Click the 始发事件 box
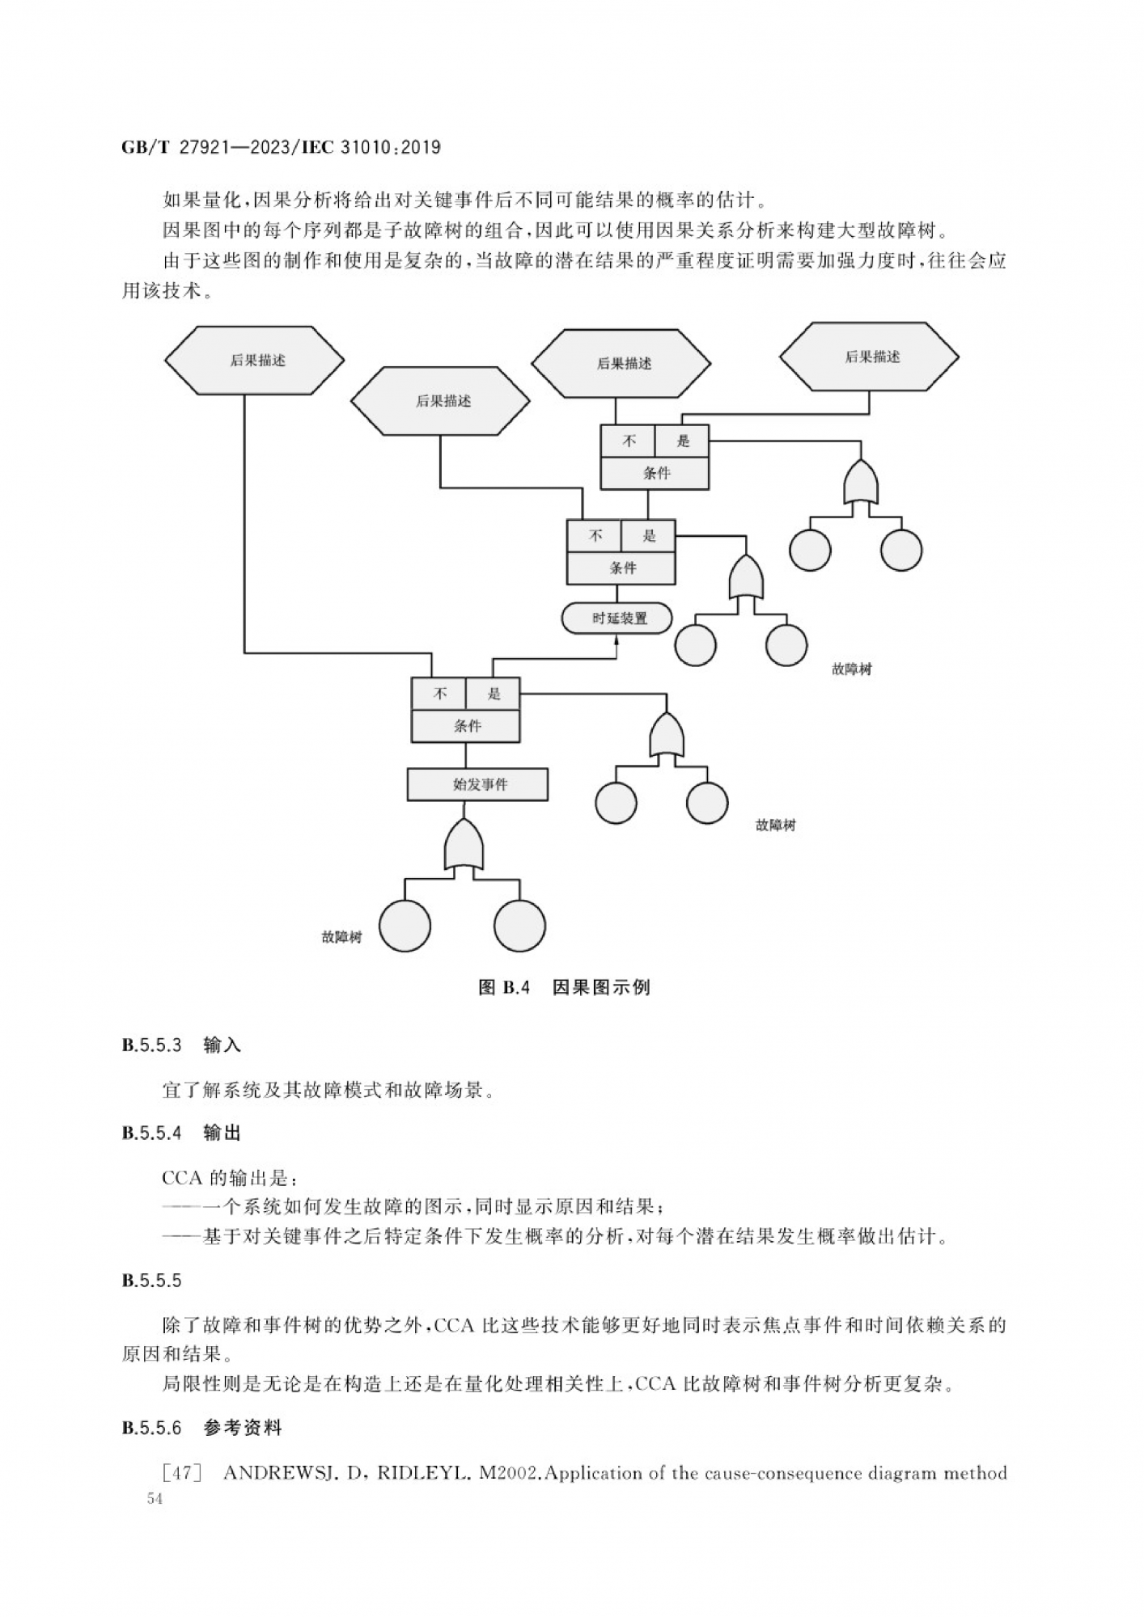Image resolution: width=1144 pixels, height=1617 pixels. pyautogui.click(x=477, y=784)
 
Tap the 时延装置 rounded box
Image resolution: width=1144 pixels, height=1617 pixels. pyautogui.click(x=617, y=619)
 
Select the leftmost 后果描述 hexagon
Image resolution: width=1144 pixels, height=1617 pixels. pyautogui.click(x=255, y=361)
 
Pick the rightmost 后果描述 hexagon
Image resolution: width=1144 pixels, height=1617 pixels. pyautogui.click(x=870, y=357)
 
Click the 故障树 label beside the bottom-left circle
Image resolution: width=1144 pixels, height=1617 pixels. pyautogui.click(x=341, y=937)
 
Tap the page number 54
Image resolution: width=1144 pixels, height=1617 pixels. pyautogui.click(x=155, y=1498)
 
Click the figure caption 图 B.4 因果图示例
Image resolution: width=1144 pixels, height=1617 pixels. pyautogui.click(x=564, y=987)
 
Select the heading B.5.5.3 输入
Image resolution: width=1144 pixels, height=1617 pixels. pyautogui.click(x=182, y=1045)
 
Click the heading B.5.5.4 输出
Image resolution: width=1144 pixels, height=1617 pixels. pyautogui.click(x=182, y=1133)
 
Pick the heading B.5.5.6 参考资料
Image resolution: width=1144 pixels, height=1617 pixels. pyautogui.click(x=201, y=1428)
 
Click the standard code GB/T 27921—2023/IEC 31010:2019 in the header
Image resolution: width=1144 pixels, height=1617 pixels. pyautogui.click(x=281, y=147)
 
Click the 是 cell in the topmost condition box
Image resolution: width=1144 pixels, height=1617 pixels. pyautogui.click(x=682, y=441)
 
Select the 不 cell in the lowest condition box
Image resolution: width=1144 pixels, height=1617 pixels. pyautogui.click(x=439, y=694)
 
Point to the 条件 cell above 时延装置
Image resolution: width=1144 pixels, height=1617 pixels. pyautogui.click(x=621, y=568)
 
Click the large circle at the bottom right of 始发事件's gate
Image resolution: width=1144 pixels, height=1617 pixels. pyautogui.click(x=520, y=926)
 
